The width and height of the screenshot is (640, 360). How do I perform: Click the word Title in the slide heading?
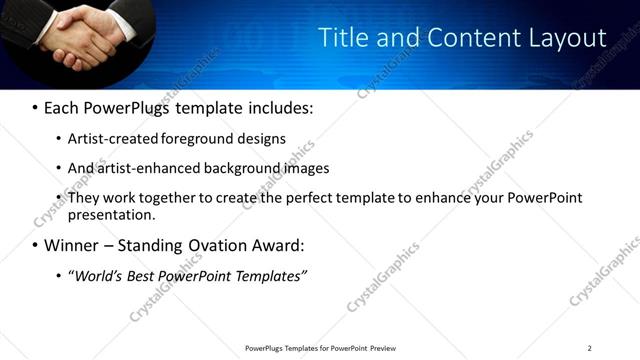tap(343, 37)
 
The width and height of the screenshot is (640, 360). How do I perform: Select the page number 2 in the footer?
tap(589, 348)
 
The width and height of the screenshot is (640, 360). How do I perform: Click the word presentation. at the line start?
tap(112, 214)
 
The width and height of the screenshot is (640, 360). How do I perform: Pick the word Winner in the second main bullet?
tap(74, 245)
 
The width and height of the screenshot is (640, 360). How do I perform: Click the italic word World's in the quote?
tap(97, 276)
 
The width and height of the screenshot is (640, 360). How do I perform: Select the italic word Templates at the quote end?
tap(267, 276)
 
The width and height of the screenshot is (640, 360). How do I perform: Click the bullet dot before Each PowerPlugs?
tap(36, 106)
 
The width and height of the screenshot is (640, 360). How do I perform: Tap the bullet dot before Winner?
tap(36, 246)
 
